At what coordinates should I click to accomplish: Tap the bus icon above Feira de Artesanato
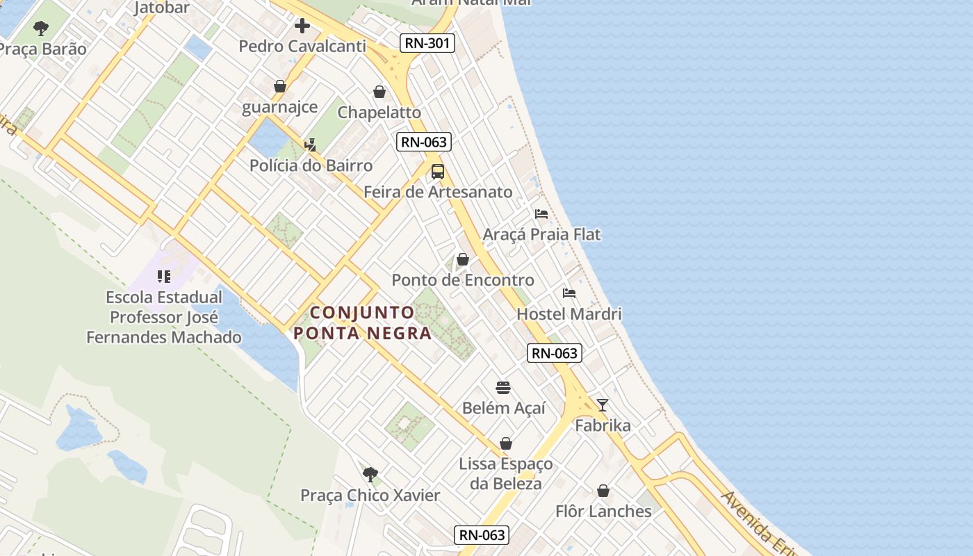tap(438, 172)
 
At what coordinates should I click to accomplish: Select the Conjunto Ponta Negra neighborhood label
tap(362, 323)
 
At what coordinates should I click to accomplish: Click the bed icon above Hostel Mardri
tap(569, 293)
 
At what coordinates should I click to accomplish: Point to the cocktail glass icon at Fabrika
tap(603, 405)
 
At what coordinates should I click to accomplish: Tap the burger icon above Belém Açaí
tap(503, 388)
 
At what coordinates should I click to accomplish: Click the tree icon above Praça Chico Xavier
tap(370, 475)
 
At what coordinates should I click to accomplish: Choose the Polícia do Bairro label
tap(311, 165)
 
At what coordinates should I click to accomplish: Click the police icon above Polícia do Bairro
tap(311, 145)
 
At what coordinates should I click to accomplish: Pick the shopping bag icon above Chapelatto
tap(379, 92)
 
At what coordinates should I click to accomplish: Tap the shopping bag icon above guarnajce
tap(280, 86)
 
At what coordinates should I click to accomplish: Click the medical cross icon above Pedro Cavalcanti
tap(302, 26)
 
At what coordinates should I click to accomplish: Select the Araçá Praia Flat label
tap(541, 234)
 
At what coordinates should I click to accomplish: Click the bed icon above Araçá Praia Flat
tap(541, 213)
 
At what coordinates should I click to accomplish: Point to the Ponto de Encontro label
tap(463, 280)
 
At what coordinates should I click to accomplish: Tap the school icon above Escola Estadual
tap(164, 277)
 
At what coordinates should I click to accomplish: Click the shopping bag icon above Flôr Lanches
tap(603, 491)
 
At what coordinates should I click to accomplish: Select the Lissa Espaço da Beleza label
tap(506, 473)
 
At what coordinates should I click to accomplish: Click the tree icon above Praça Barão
tap(41, 28)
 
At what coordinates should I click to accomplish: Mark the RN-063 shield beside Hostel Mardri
tap(554, 353)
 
